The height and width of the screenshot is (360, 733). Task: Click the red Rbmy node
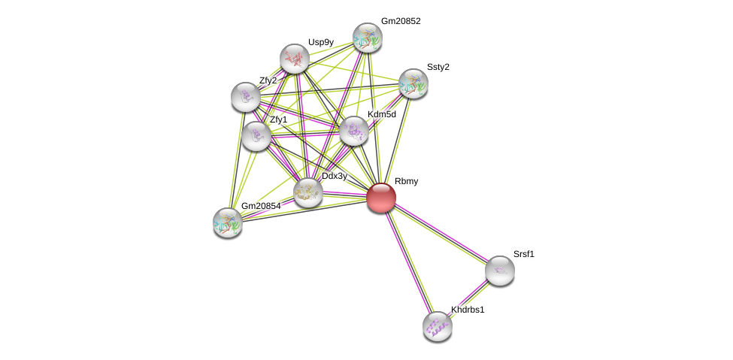click(x=381, y=198)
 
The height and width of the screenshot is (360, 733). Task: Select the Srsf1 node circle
click(x=499, y=271)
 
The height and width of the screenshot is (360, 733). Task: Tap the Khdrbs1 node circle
click(x=438, y=326)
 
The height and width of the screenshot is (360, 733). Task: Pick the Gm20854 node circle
click(x=227, y=222)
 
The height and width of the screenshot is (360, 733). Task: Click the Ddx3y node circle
click(x=307, y=192)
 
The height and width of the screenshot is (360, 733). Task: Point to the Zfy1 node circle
click(x=256, y=136)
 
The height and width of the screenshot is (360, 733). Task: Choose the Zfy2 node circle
click(x=246, y=96)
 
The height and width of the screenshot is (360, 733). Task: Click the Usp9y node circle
click(x=295, y=59)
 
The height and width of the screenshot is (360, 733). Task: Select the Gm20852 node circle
click(x=368, y=38)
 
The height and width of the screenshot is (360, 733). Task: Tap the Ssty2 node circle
click(x=413, y=83)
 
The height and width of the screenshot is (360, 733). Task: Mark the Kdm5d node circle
click(x=354, y=131)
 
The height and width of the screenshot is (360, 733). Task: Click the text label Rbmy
click(x=406, y=181)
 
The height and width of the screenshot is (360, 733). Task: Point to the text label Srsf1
click(x=524, y=254)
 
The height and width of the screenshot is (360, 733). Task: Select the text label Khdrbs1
click(x=468, y=310)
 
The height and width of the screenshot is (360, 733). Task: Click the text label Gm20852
click(x=401, y=21)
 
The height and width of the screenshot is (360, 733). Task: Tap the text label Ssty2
click(x=438, y=67)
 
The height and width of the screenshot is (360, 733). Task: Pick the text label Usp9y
click(x=320, y=42)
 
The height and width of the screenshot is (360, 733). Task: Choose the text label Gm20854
click(x=261, y=206)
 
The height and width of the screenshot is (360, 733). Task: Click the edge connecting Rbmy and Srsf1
click(x=441, y=234)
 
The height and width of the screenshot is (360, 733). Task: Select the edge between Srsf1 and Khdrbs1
click(x=468, y=298)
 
